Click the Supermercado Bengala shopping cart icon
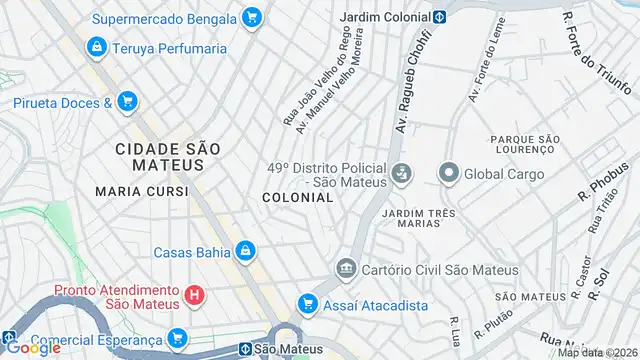(x=251, y=17)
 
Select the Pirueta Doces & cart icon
(x=127, y=101)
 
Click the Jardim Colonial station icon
(x=439, y=17)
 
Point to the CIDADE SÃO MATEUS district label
(x=166, y=158)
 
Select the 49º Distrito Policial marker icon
(x=400, y=174)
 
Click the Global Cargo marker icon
(x=448, y=174)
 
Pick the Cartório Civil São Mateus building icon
(x=347, y=269)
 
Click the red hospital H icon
(x=195, y=295)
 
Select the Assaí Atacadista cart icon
(x=309, y=304)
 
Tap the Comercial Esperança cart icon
(x=178, y=338)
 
